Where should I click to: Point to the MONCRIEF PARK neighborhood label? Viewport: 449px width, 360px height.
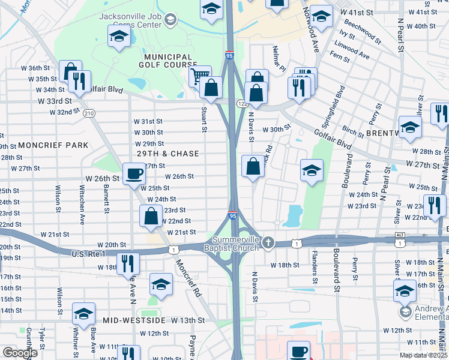[x=53, y=145]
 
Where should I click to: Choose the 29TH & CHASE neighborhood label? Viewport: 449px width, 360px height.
[x=167, y=154]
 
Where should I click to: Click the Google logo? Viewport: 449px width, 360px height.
[x=20, y=353]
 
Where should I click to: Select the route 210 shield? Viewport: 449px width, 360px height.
[x=89, y=113]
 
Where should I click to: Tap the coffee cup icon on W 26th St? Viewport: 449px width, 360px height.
[x=134, y=175]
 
